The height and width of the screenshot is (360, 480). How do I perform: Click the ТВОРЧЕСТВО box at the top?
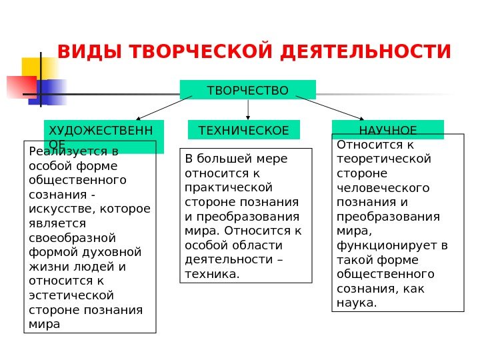[x=248, y=90]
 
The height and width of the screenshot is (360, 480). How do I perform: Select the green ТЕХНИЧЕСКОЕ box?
[x=245, y=130]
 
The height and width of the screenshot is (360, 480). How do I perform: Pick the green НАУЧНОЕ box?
[x=387, y=129]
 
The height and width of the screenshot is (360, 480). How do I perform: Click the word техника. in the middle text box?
[x=211, y=273]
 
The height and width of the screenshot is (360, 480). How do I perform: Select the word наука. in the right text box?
[x=357, y=303]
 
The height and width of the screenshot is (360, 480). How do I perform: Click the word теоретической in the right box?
[x=384, y=159]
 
